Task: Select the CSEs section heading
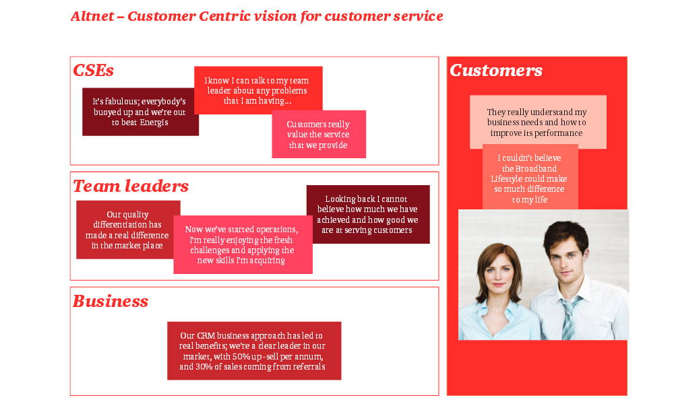[93, 70]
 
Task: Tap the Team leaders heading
[131, 186]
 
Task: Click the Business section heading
[111, 301]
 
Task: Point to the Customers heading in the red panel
[496, 70]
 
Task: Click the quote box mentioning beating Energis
[140, 112]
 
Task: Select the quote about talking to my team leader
[257, 90]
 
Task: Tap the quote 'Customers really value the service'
[319, 135]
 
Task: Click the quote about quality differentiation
[127, 230]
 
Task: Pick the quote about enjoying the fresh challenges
[243, 244]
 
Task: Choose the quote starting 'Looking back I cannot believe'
[368, 214]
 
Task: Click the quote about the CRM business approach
[253, 351]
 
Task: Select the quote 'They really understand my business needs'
[537, 122]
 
